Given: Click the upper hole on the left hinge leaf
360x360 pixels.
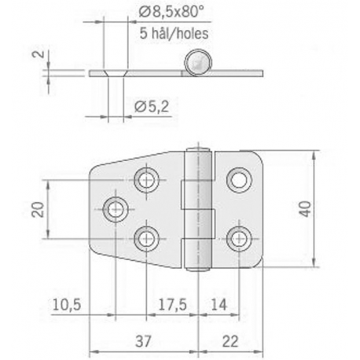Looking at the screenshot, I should point(146,180).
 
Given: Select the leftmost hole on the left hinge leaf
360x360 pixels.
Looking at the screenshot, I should point(116,209).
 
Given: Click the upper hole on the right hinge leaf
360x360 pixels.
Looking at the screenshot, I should point(237,180).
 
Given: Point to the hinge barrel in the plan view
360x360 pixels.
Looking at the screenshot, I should point(201,208).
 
